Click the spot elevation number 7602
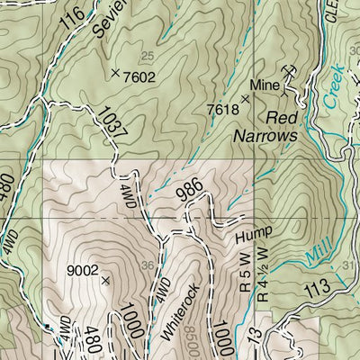[140, 76]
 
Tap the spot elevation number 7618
[223, 110]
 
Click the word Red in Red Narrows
[280, 117]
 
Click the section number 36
[148, 264]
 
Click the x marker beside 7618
[245, 97]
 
